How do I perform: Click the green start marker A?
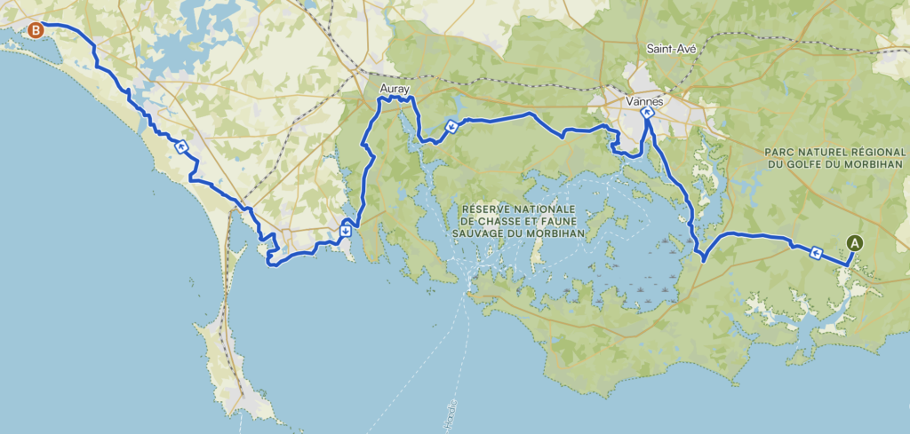[x=855, y=241]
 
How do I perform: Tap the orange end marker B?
[x=36, y=31]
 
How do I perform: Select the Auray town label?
[x=395, y=90]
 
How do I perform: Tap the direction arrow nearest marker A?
[x=816, y=255]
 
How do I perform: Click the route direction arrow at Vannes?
[x=647, y=113]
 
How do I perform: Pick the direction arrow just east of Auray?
[x=451, y=126]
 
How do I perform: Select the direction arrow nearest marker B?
[x=182, y=147]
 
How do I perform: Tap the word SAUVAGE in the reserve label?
[x=489, y=233]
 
